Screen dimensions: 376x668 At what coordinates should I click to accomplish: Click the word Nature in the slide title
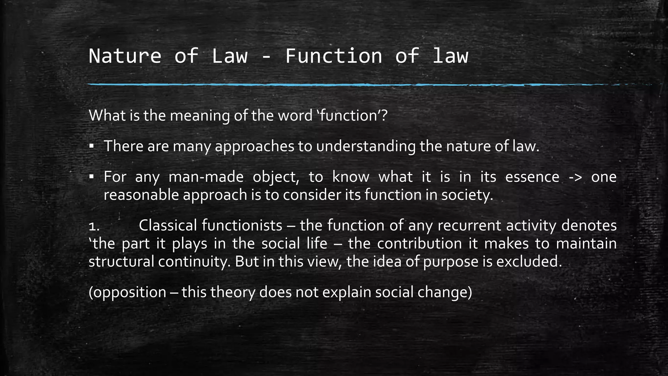[125, 56]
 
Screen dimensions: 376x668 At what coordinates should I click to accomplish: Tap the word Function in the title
[334, 56]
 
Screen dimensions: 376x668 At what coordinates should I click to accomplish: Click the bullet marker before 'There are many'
[92, 146]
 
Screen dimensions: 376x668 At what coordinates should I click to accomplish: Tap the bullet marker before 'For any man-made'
[92, 177]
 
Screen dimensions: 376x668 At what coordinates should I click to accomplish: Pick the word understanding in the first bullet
[366, 146]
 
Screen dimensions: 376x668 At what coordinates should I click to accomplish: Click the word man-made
[206, 177]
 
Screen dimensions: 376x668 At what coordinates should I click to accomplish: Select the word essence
[532, 177]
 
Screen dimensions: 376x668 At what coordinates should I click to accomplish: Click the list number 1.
[94, 226]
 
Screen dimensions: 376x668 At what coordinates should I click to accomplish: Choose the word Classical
[168, 226]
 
